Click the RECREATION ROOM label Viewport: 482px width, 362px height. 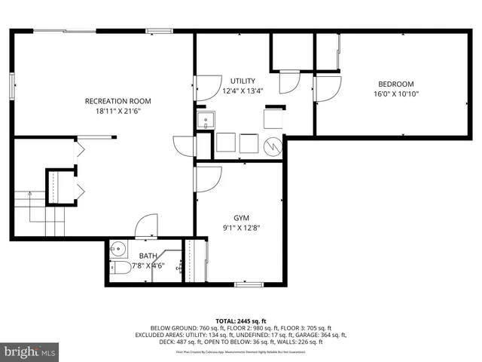(117, 101)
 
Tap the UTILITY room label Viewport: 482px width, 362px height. (243, 81)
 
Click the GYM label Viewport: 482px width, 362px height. (241, 217)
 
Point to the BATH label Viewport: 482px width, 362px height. (148, 256)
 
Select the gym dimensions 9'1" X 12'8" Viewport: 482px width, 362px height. (241, 228)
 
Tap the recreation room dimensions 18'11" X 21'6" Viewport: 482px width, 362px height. (117, 111)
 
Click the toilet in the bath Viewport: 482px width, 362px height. (118, 268)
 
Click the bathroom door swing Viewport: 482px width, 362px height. (145, 225)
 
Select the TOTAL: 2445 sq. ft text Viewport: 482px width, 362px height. (241, 321)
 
